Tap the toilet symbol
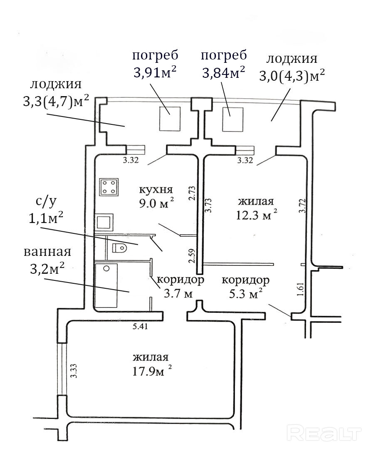[x=120, y=248]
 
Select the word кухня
[x=156, y=190]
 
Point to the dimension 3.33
[x=74, y=370]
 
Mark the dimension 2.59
[x=191, y=256]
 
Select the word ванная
[x=47, y=252]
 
